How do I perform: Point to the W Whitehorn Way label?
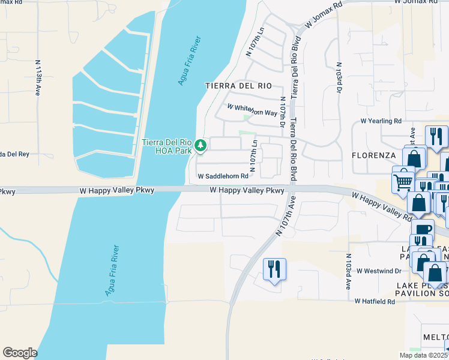point(252,110)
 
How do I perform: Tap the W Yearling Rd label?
point(381,121)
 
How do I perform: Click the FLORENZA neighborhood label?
point(373,155)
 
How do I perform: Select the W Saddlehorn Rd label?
point(223,176)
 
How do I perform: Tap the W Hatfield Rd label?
point(375,301)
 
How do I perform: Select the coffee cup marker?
point(422,230)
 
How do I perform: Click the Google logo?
point(19,353)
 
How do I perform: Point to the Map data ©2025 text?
point(423,355)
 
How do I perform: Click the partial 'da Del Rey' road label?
point(14,154)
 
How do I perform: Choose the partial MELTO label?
point(435,337)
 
